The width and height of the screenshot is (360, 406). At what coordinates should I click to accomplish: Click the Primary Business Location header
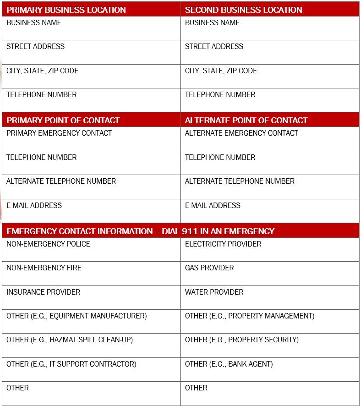tap(66, 10)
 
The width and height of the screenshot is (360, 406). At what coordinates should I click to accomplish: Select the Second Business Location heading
tap(243, 10)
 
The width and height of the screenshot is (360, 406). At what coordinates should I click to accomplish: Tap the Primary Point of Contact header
tap(63, 121)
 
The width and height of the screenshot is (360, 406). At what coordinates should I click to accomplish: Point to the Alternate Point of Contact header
tap(246, 121)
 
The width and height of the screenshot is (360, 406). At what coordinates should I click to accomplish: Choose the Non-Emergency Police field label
tap(48, 244)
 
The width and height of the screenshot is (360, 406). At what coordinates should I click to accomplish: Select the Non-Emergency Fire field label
tap(44, 268)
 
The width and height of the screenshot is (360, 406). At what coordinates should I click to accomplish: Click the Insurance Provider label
tap(43, 292)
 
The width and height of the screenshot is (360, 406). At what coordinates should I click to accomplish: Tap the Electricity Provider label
tap(223, 244)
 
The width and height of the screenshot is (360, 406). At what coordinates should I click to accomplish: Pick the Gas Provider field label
tap(209, 268)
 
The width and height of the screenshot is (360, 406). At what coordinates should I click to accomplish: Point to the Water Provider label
tap(214, 292)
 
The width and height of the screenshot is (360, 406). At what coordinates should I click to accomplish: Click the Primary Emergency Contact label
tap(59, 133)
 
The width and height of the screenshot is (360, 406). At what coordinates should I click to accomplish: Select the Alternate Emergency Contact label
tap(241, 133)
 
